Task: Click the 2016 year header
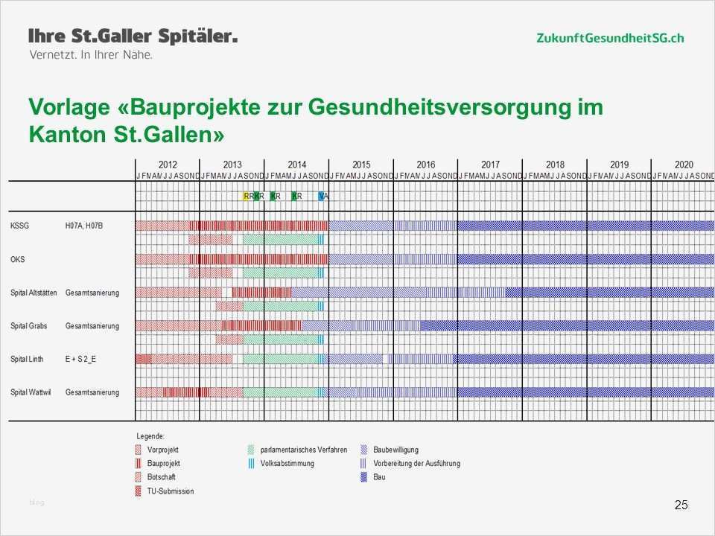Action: click(x=426, y=165)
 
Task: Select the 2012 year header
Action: click(x=168, y=165)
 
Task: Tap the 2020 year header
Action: click(x=684, y=165)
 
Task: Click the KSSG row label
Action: click(x=20, y=226)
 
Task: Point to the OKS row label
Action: click(x=17, y=259)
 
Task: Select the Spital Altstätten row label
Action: click(x=34, y=293)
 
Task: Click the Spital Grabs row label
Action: click(x=28, y=326)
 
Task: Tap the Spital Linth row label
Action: click(x=27, y=360)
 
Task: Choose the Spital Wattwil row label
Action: click(x=29, y=392)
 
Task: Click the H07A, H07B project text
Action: click(x=83, y=226)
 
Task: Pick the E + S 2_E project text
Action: click(x=80, y=360)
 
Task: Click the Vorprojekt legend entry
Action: click(x=162, y=450)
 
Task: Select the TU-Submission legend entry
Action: click(x=170, y=491)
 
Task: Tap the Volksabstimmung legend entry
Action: click(x=287, y=463)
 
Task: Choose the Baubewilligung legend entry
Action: click(x=395, y=450)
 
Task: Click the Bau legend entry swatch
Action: click(x=365, y=477)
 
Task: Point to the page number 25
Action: click(x=681, y=505)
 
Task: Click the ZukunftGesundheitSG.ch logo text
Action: click(x=609, y=38)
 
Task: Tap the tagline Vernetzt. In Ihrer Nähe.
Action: click(x=90, y=55)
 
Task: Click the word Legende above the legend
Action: click(x=150, y=435)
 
